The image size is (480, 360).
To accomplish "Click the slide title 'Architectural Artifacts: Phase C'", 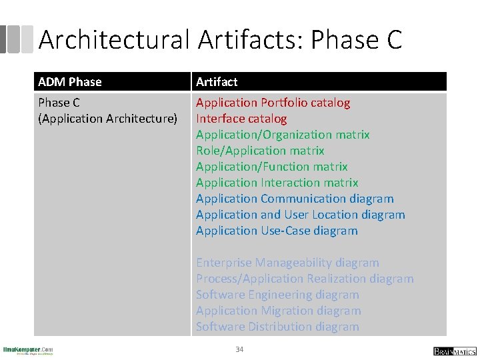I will [220, 40].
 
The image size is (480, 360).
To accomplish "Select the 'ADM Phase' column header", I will [70, 82].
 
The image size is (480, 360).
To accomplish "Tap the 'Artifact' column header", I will [217, 82].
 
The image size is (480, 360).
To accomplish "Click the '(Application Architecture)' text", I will [108, 119].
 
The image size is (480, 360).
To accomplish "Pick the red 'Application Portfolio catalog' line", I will [273, 103].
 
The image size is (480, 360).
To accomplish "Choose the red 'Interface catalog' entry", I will [241, 119].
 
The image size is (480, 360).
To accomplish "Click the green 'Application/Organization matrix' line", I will [283, 135].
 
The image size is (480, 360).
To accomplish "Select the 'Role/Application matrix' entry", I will [260, 151].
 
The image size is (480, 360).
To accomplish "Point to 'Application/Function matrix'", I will [271, 167].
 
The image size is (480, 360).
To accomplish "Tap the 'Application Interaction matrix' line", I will [277, 183].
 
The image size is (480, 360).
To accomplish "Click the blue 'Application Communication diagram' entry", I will [295, 199].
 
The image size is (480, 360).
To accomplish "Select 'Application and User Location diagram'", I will [300, 215].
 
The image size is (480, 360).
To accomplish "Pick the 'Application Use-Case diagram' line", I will [277, 231].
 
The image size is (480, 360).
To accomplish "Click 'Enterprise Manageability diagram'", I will [287, 263].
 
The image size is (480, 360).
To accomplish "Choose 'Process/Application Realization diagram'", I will [305, 279].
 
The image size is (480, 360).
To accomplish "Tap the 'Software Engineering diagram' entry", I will [277, 295].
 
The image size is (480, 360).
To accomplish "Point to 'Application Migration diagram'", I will [278, 311].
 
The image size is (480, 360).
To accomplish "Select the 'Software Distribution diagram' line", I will [277, 327].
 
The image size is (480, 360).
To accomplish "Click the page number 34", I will [239, 349].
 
